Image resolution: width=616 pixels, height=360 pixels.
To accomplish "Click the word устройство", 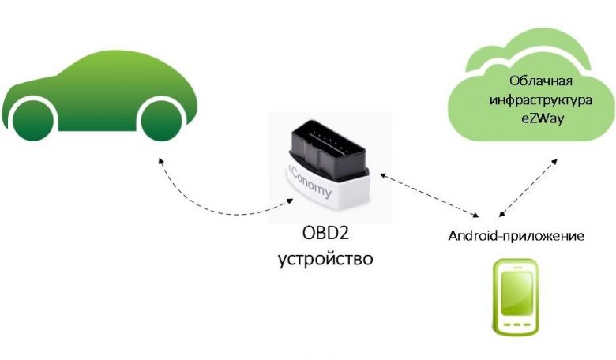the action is point(325,259).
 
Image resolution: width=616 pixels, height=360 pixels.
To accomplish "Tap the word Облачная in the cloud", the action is point(540,81).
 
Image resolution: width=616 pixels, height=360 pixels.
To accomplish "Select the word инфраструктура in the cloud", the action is point(540,99).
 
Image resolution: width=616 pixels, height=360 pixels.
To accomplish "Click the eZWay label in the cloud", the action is point(543,118).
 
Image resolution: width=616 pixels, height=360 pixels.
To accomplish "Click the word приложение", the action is point(543,237).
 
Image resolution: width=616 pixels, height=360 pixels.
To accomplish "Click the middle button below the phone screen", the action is point(517,324).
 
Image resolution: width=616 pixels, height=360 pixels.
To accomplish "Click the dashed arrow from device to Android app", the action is point(429,194).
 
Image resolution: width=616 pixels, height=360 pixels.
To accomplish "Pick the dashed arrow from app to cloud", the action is point(528,188).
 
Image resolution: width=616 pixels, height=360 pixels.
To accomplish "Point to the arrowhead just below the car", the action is point(160,161).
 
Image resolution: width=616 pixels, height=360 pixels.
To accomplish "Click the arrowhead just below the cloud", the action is point(554,162).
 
